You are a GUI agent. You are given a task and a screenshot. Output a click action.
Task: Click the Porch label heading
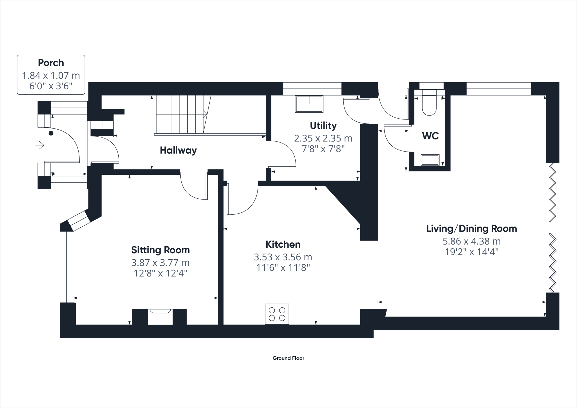51,63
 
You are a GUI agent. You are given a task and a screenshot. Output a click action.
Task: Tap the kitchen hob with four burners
277,314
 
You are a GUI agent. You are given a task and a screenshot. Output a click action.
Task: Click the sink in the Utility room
309,104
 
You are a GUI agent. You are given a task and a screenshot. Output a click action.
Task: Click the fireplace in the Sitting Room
160,316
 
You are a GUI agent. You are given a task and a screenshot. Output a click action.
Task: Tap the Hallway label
178,150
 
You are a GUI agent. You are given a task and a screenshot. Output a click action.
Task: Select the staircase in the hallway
180,114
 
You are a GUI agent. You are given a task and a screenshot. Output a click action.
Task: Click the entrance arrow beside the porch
40,145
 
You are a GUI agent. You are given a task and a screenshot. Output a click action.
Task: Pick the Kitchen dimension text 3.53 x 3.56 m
283,257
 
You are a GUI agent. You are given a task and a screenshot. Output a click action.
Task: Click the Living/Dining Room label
471,229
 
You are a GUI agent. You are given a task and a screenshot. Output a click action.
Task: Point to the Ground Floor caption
288,358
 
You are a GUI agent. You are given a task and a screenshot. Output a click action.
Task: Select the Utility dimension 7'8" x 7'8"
323,149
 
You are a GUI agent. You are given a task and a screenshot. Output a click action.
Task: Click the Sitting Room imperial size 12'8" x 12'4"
160,273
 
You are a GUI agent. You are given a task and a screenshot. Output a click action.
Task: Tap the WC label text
430,136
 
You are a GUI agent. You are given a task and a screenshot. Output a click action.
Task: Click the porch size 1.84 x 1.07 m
51,76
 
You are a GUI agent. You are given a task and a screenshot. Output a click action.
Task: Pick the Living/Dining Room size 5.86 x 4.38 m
471,241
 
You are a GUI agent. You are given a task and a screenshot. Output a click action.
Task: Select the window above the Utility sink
312,88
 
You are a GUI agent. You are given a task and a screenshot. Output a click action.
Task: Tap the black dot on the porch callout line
51,133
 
